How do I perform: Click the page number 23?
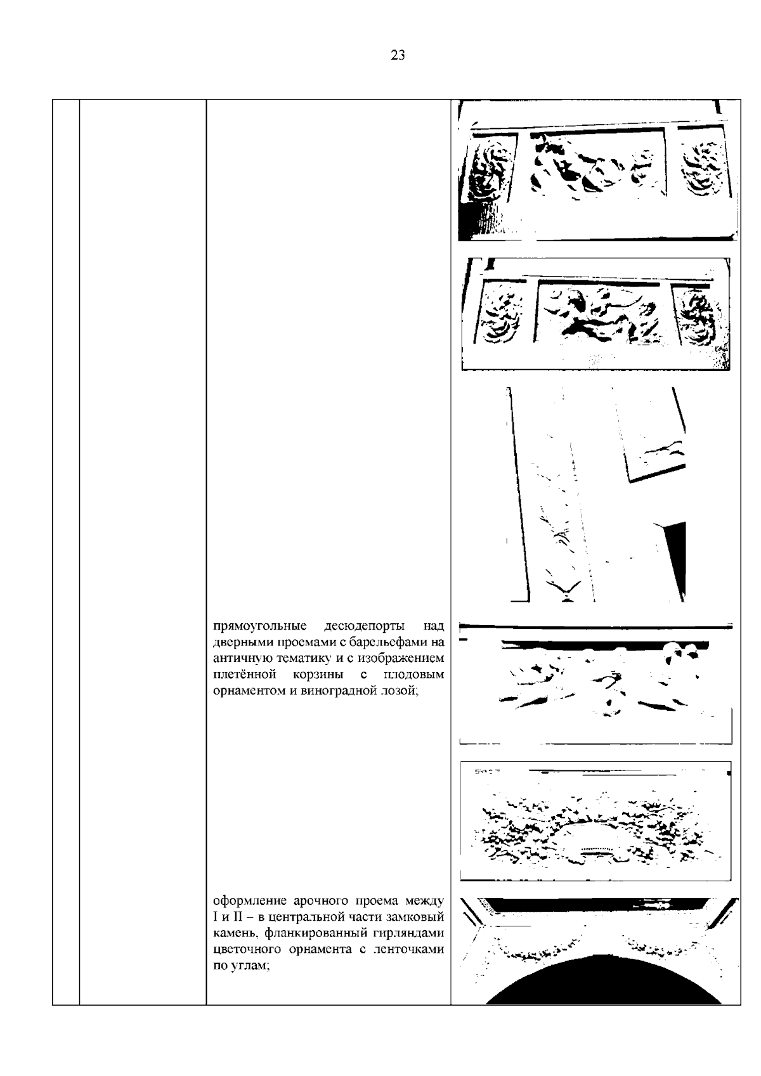(x=398, y=55)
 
